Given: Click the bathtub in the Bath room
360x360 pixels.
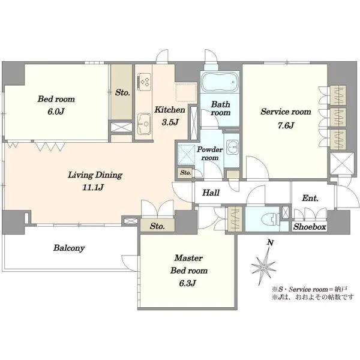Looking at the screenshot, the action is tap(220, 82).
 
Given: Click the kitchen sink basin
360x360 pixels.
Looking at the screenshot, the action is tap(145, 124).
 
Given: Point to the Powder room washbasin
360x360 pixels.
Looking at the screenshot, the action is tap(233, 146).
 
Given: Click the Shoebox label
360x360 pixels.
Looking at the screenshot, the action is tap(310, 227).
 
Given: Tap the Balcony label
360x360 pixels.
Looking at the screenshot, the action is tap(69, 248).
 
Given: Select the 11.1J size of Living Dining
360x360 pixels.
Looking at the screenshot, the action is tap(93, 188).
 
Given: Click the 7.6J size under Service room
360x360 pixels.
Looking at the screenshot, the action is tap(286, 125).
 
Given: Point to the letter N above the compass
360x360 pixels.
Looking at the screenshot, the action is tap(271, 242).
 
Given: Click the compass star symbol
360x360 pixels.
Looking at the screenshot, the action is tap(263, 266).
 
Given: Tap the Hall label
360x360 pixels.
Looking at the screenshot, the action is tap(211, 193).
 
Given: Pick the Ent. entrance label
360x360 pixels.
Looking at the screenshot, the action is tap(310, 198).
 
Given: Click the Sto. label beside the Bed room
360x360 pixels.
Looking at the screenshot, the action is tap(122, 92).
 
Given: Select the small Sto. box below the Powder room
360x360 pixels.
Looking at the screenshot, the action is tap(185, 172).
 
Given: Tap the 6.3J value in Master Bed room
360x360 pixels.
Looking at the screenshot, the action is tap(187, 283).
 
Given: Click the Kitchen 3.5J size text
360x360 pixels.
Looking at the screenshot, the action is tap(170, 122).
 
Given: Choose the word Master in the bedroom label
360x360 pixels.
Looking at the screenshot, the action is tap(188, 258).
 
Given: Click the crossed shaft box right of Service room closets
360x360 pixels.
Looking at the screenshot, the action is tap(342, 163).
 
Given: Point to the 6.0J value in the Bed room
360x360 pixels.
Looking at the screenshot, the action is tap(56, 112).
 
